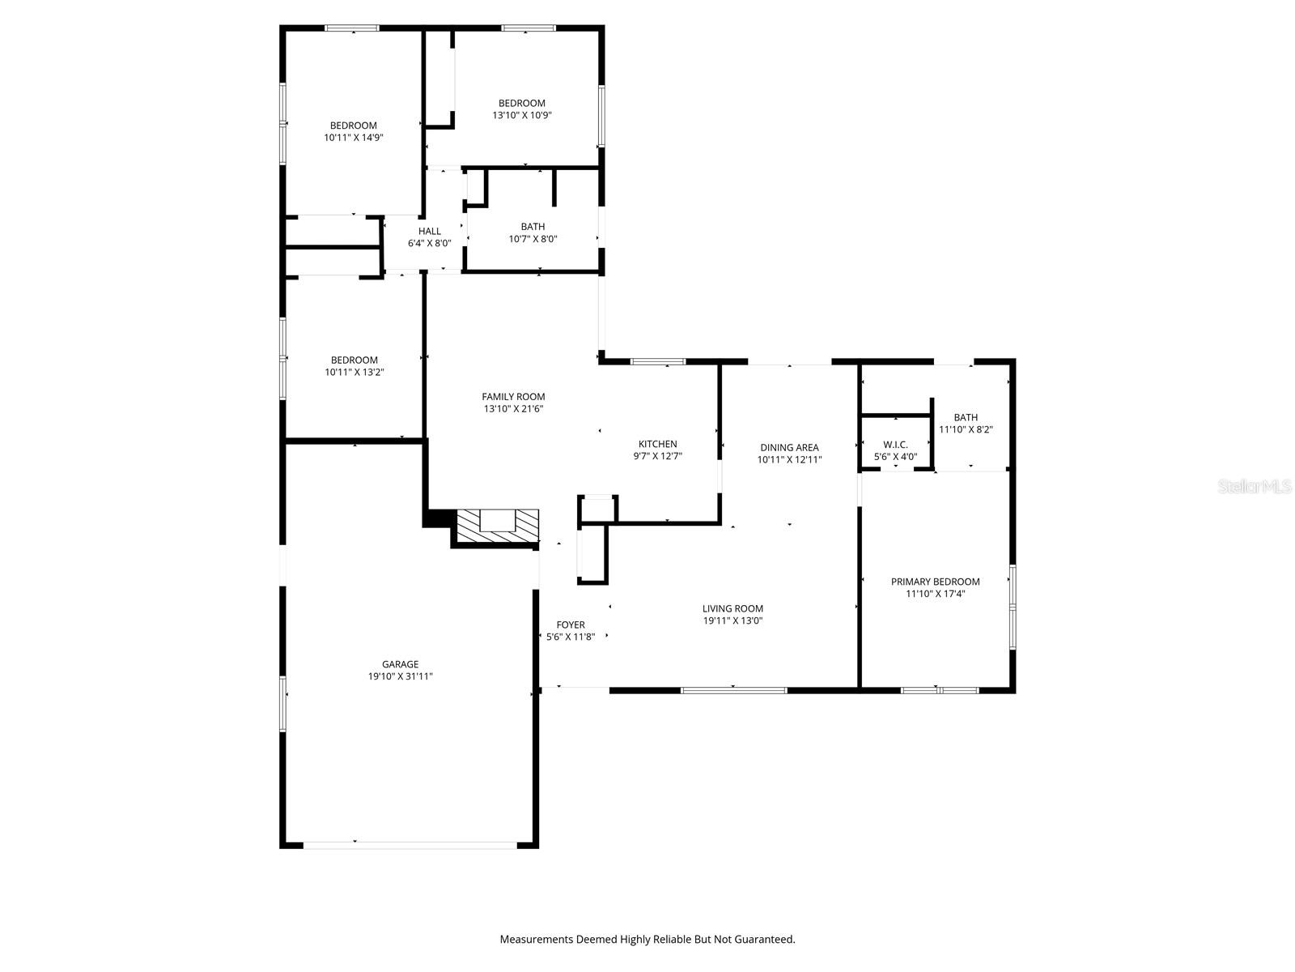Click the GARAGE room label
[400, 664]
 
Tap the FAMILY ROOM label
[513, 396]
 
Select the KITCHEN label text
[657, 444]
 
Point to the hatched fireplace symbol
[498, 526]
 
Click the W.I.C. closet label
[895, 445]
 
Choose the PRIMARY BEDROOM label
[935, 582]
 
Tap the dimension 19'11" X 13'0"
[732, 621]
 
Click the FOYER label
[571, 625]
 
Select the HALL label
[430, 231]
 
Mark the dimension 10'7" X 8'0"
[533, 239]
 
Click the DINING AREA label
[789, 447]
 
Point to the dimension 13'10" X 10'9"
[522, 115]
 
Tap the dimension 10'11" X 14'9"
[353, 138]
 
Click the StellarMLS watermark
[1254, 487]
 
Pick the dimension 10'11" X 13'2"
[354, 373]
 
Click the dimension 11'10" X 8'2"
[966, 429]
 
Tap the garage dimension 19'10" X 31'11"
[400, 676]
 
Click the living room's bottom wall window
[733, 690]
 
